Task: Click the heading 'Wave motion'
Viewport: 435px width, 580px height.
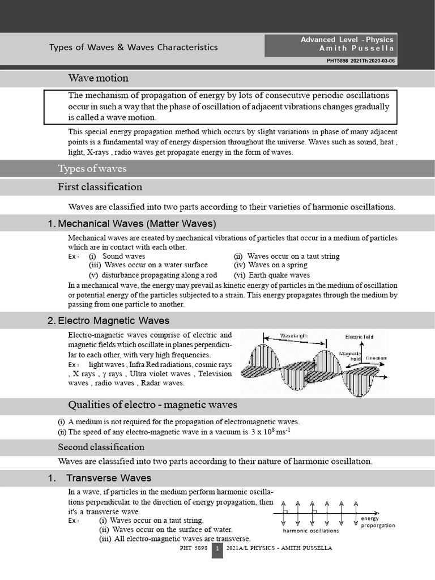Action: click(98, 78)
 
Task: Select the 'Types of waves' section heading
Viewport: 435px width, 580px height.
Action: click(92, 169)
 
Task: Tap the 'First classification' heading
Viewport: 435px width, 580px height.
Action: click(100, 187)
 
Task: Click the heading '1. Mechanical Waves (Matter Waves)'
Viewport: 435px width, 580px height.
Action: click(131, 223)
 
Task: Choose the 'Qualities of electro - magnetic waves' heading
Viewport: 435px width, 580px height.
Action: click(152, 404)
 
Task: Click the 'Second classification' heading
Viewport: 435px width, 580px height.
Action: click(101, 447)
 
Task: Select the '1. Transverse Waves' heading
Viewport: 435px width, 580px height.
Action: click(100, 478)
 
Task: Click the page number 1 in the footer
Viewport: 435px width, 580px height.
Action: click(217, 549)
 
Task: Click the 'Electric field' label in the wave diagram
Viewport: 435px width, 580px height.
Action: click(359, 337)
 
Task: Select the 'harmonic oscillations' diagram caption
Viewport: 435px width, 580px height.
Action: click(311, 531)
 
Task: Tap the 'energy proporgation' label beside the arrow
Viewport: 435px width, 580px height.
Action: click(378, 522)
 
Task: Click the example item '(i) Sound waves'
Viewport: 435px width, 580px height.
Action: click(117, 256)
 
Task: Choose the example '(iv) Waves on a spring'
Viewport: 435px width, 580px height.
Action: click(270, 265)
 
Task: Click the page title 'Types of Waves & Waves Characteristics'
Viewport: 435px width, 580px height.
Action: click(133, 48)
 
